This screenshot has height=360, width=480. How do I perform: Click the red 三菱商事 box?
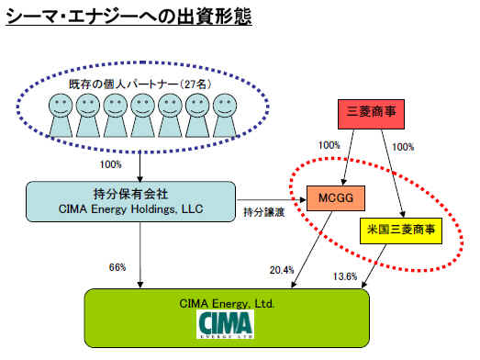371,114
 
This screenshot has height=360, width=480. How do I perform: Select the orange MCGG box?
336,198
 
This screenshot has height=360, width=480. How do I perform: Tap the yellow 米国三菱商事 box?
401,231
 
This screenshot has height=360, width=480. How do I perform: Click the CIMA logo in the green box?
225,324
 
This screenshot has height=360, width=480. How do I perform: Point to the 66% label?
117,267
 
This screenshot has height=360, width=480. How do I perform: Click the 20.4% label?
282,270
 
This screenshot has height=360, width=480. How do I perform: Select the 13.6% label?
345,276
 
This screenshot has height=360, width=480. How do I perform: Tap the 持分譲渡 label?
264,212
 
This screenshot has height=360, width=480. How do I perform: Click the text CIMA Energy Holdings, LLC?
130,209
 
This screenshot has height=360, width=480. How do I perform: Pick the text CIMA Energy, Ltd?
227,304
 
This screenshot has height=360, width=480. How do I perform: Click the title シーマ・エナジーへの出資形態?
128,17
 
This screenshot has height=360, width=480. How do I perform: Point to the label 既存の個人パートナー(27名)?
140,84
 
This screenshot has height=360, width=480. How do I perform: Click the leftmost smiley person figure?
61,116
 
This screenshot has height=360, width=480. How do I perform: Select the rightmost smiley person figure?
225,116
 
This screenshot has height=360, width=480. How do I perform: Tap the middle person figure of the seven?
142,116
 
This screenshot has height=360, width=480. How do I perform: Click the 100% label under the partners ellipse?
110,164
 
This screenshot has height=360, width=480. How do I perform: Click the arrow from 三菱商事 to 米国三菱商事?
393,174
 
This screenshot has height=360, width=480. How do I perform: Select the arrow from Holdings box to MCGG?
272,200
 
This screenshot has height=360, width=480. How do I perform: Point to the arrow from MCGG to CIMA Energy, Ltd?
312,250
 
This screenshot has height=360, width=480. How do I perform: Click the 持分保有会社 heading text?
130,195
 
